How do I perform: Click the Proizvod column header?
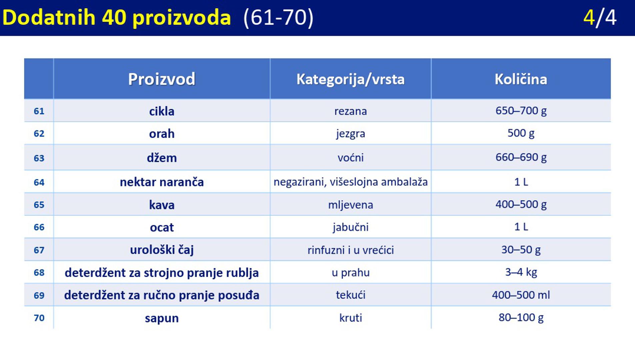pyautogui.click(x=162, y=79)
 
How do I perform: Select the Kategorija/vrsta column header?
pyautogui.click(x=350, y=79)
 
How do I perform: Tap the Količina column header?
pyautogui.click(x=521, y=79)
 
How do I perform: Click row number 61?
pyautogui.click(x=39, y=111)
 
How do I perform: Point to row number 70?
pyautogui.click(x=39, y=318)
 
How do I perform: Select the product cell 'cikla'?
pyautogui.click(x=162, y=111)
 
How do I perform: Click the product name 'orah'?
pyautogui.click(x=162, y=134)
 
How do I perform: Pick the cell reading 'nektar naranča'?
pyautogui.click(x=162, y=182)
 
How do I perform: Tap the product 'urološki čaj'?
pyautogui.click(x=162, y=250)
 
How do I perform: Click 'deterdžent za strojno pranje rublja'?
pyautogui.click(x=162, y=273)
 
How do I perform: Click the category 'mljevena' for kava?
pyautogui.click(x=350, y=205)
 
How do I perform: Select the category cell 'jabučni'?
pyautogui.click(x=350, y=227)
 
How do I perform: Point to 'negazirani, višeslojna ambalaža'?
pyautogui.click(x=350, y=182)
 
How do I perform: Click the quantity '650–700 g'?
pyautogui.click(x=521, y=111)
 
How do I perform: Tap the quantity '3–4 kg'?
pyautogui.click(x=521, y=272)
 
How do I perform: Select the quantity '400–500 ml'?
pyautogui.click(x=521, y=295)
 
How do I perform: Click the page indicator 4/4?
pyautogui.click(x=600, y=18)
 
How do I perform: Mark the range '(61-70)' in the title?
pyautogui.click(x=278, y=18)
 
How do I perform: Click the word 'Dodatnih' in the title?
pyautogui.click(x=49, y=17)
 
